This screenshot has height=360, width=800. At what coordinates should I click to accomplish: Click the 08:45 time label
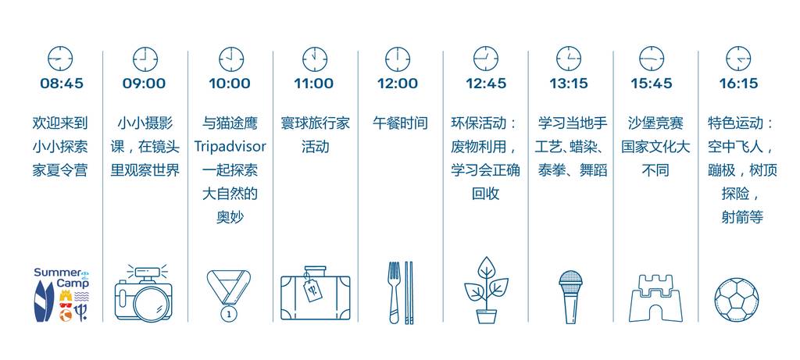coord(61,84)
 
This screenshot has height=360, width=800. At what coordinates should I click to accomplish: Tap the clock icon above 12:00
coord(398,59)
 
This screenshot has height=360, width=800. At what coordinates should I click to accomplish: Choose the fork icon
coord(394,293)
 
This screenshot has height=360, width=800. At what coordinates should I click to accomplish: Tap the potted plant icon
coord(486,290)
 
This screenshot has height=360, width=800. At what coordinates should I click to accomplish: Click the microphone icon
coord(570,297)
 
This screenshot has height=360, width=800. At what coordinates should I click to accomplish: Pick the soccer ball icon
coord(736,299)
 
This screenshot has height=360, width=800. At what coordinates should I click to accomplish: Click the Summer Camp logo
coord(61,294)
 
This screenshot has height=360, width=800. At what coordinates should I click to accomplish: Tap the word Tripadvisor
coord(230,147)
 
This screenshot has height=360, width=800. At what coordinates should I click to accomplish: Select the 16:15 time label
coord(739,84)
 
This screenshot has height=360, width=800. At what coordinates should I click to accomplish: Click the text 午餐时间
coord(400,123)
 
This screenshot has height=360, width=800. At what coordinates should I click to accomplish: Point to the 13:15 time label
coord(569,84)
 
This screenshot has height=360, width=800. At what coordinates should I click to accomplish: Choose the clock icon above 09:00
coord(145,59)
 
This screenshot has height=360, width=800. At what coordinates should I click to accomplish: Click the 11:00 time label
coord(313,84)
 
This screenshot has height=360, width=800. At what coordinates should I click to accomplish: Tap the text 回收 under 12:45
coord(485,194)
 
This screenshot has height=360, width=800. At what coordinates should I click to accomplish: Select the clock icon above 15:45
coord(652,59)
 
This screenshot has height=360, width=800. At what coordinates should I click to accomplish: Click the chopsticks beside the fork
coord(409,293)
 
